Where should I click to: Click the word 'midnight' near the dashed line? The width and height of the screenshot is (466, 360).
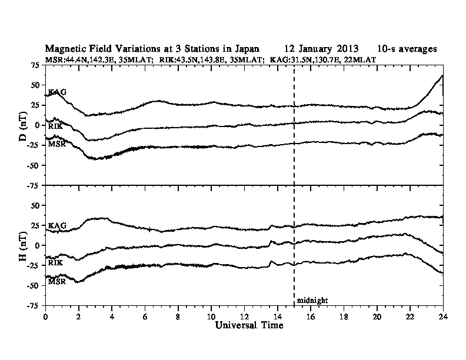(x=312, y=300)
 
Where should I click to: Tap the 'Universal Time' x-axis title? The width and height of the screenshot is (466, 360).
(x=244, y=325)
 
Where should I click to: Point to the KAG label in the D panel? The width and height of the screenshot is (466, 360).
(x=57, y=92)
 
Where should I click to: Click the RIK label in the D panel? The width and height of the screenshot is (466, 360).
(x=56, y=126)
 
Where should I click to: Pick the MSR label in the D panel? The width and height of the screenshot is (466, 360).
(x=57, y=144)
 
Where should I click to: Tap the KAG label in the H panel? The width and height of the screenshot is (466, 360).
(x=57, y=225)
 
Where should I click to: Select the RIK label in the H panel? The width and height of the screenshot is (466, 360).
(x=56, y=262)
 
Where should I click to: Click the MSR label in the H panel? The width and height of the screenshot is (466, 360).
(x=57, y=281)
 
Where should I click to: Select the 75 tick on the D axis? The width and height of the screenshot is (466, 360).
(x=36, y=64)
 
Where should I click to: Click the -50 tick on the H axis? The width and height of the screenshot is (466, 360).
(x=34, y=286)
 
